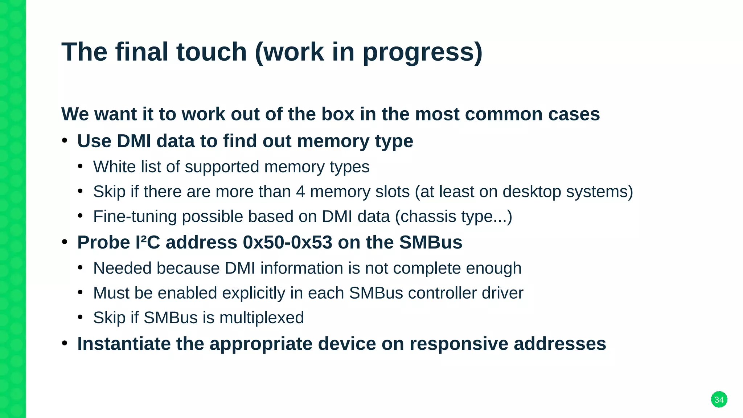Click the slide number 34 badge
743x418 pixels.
point(719,399)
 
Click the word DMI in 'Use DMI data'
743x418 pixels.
point(134,141)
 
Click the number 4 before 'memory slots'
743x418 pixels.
point(300,192)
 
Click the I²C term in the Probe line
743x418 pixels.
point(148,242)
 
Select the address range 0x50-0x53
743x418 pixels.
point(287,242)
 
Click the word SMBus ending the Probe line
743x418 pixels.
point(431,242)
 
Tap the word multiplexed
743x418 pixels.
point(262,318)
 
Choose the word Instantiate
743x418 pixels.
point(124,344)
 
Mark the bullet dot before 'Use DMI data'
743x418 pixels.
point(65,141)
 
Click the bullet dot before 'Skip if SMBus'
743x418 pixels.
point(81,317)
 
